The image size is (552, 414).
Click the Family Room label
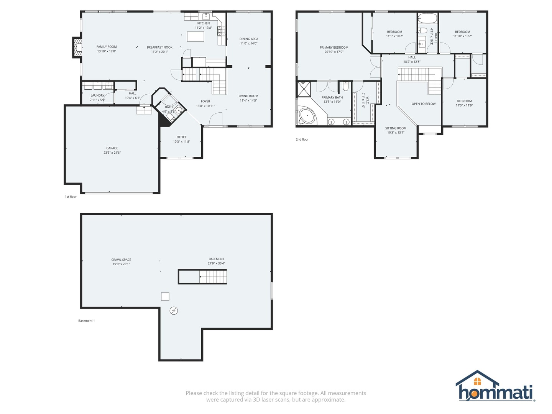click(x=107, y=47)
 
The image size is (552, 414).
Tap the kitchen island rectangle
click(x=195, y=36)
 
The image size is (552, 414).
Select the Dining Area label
click(x=249, y=39)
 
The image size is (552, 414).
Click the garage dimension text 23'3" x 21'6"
click(x=112, y=153)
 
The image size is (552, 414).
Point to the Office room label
click(x=182, y=137)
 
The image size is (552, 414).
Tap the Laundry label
click(x=97, y=95)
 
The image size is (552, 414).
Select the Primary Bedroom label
click(x=334, y=48)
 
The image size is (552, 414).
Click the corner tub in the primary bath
click(x=307, y=115)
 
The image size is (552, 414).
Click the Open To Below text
click(x=424, y=104)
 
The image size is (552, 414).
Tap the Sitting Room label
click(x=396, y=128)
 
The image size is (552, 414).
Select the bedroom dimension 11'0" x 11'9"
click(x=464, y=105)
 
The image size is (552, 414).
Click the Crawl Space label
click(x=121, y=260)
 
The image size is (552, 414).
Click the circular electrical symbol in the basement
click(x=174, y=311)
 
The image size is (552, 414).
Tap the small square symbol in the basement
click(x=165, y=296)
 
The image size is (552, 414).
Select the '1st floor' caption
click(x=71, y=197)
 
